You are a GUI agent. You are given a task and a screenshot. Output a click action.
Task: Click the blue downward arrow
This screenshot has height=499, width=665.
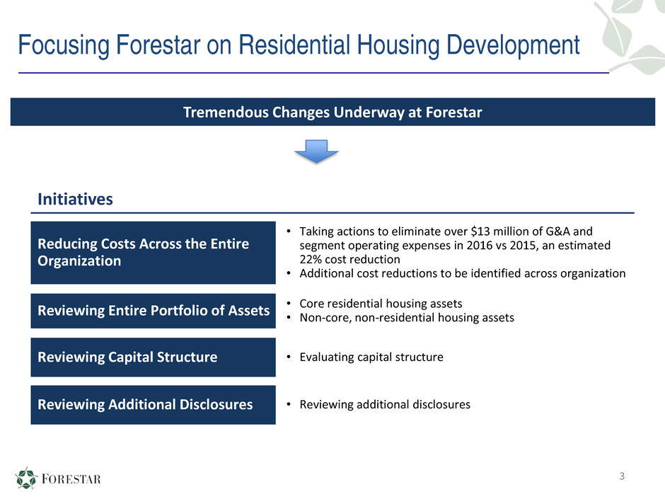316,151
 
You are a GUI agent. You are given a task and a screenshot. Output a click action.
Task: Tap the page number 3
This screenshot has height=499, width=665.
622,476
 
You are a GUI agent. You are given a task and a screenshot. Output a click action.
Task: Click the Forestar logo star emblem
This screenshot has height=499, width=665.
26,478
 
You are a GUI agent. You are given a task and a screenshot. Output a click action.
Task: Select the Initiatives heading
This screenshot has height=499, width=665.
75,199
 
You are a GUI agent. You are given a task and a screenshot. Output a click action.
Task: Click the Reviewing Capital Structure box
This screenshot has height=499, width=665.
153,357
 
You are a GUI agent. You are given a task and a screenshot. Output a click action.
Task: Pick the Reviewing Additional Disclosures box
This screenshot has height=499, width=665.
153,405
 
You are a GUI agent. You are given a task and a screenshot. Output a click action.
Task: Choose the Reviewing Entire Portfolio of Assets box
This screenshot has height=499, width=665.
153,311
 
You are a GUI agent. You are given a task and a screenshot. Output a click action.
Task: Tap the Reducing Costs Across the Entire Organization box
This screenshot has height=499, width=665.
153,253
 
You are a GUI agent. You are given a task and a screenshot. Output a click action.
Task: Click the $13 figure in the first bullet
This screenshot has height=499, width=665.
480,231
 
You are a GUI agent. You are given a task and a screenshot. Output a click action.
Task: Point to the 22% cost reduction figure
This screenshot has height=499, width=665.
311,259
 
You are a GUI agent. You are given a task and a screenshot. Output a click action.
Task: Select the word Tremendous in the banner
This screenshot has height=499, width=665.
226,113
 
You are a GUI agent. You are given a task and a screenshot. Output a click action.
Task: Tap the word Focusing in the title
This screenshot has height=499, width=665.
64,45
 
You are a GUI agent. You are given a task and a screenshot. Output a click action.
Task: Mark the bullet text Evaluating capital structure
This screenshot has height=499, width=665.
371,357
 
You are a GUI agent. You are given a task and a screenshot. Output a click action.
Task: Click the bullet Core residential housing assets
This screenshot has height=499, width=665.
381,304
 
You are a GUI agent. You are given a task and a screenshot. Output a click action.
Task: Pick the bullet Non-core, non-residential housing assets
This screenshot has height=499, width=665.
407,318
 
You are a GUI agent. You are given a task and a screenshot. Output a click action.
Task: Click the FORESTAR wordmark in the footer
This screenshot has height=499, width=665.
71,479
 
